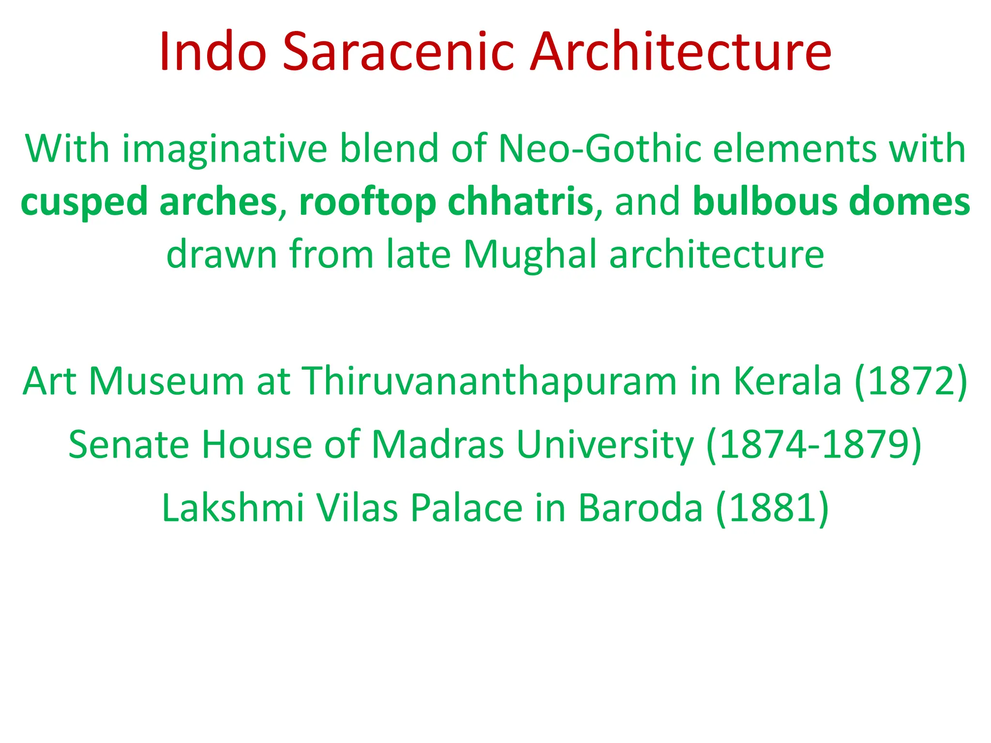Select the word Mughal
click(x=530, y=254)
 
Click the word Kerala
click(x=787, y=381)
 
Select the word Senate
click(x=129, y=445)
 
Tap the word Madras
click(x=438, y=445)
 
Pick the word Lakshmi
click(x=233, y=507)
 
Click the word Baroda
click(x=640, y=507)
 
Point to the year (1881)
click(x=772, y=508)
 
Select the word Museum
click(x=166, y=381)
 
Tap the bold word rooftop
click(x=368, y=202)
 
